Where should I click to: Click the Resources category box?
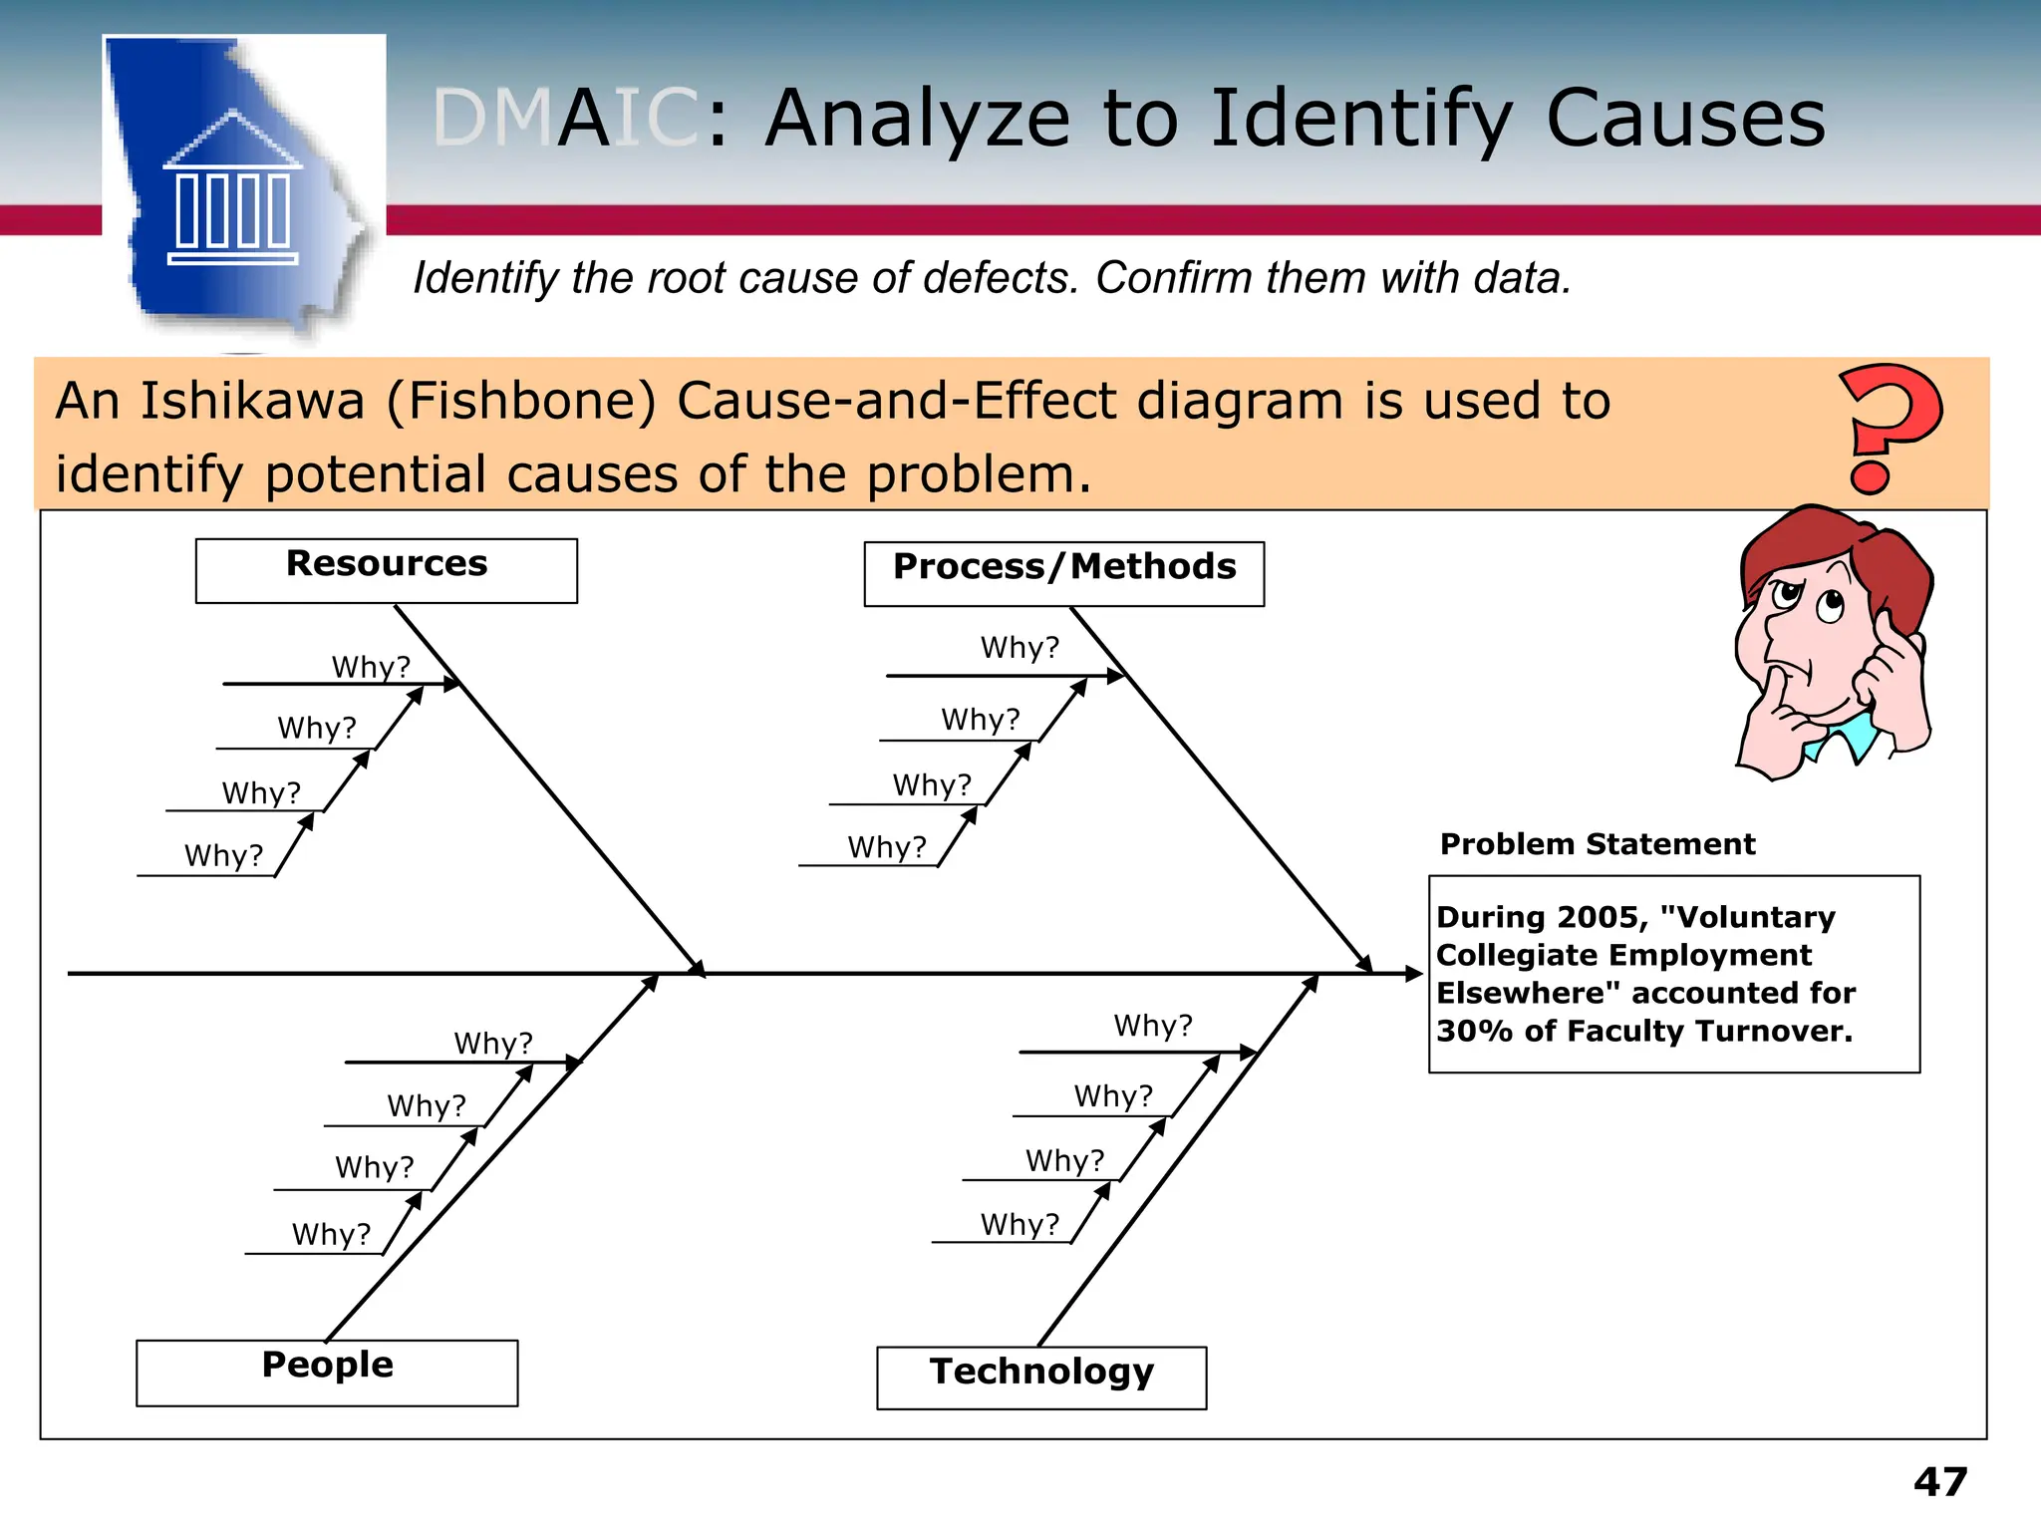[386, 570]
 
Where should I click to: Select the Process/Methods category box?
[1063, 573]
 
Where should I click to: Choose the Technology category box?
[1041, 1378]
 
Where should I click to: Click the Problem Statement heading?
[1597, 844]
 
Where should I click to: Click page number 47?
[1939, 1482]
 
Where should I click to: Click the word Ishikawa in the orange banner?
[252, 401]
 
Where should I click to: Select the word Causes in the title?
[1685, 119]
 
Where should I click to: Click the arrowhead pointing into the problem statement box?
[1413, 974]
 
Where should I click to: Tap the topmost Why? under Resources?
[371, 667]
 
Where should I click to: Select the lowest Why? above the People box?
[331, 1234]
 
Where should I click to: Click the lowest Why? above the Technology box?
[1020, 1224]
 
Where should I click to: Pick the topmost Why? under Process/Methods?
[1020, 648]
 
